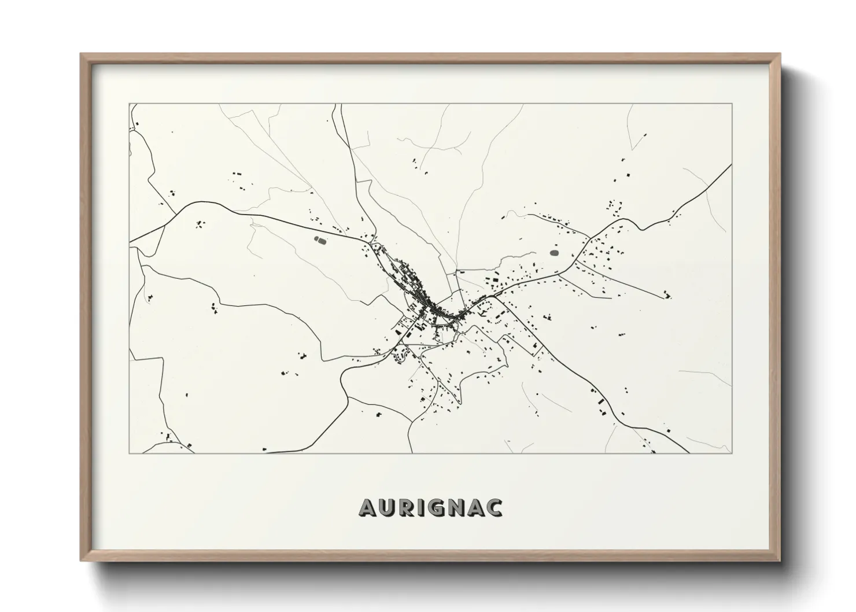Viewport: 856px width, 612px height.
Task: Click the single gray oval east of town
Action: point(554,253)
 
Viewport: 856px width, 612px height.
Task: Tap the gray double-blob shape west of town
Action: point(319,238)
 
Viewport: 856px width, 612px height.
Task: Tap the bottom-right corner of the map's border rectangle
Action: point(732,453)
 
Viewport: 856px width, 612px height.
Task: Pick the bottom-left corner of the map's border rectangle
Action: point(130,453)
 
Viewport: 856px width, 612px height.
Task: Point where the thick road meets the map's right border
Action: point(731,165)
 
